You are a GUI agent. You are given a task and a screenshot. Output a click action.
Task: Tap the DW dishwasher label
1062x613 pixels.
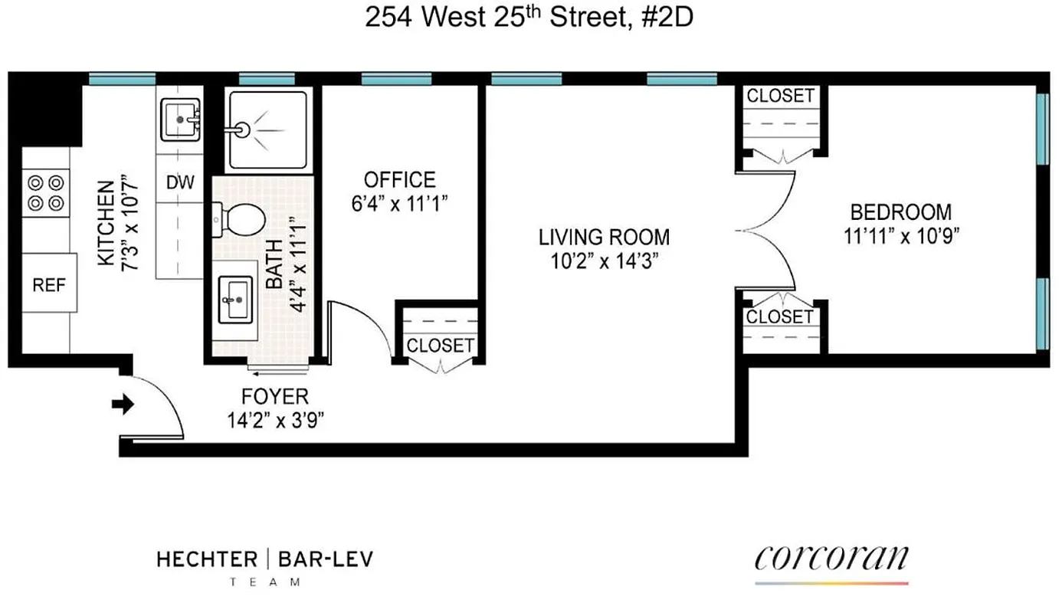pyautogui.click(x=180, y=183)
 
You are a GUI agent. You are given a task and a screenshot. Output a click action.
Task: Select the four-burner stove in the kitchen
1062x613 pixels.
pyautogui.click(x=45, y=193)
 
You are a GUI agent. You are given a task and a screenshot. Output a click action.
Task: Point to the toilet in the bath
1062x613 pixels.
pyautogui.click(x=241, y=219)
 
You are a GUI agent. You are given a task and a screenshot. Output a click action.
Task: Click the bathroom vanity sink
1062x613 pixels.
pyautogui.click(x=236, y=299)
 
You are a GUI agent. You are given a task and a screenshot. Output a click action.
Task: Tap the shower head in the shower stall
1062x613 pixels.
pyautogui.click(x=243, y=129)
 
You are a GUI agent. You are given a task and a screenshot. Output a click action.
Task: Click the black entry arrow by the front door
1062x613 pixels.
pyautogui.click(x=122, y=405)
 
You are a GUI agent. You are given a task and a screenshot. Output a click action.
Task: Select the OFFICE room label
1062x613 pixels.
pyautogui.click(x=399, y=180)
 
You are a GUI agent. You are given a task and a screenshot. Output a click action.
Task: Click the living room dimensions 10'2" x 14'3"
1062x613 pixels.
pyautogui.click(x=604, y=261)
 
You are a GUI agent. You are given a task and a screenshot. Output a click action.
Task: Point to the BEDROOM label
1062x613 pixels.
pyautogui.click(x=901, y=211)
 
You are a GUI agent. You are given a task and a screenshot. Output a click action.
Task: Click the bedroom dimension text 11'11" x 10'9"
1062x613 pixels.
pyautogui.click(x=901, y=236)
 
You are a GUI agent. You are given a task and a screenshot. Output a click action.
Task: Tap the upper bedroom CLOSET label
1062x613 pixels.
pyautogui.click(x=780, y=96)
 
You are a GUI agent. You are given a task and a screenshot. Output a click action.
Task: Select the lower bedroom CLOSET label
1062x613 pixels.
pyautogui.click(x=780, y=316)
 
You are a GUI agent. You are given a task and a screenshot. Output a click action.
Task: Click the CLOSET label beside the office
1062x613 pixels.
pyautogui.click(x=440, y=346)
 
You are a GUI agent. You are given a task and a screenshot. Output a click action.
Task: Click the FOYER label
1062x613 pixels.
pyautogui.click(x=274, y=396)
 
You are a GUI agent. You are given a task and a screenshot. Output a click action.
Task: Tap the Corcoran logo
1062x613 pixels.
pyautogui.click(x=831, y=559)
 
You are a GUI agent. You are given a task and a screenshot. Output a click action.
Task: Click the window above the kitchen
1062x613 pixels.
pyautogui.click(x=122, y=78)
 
